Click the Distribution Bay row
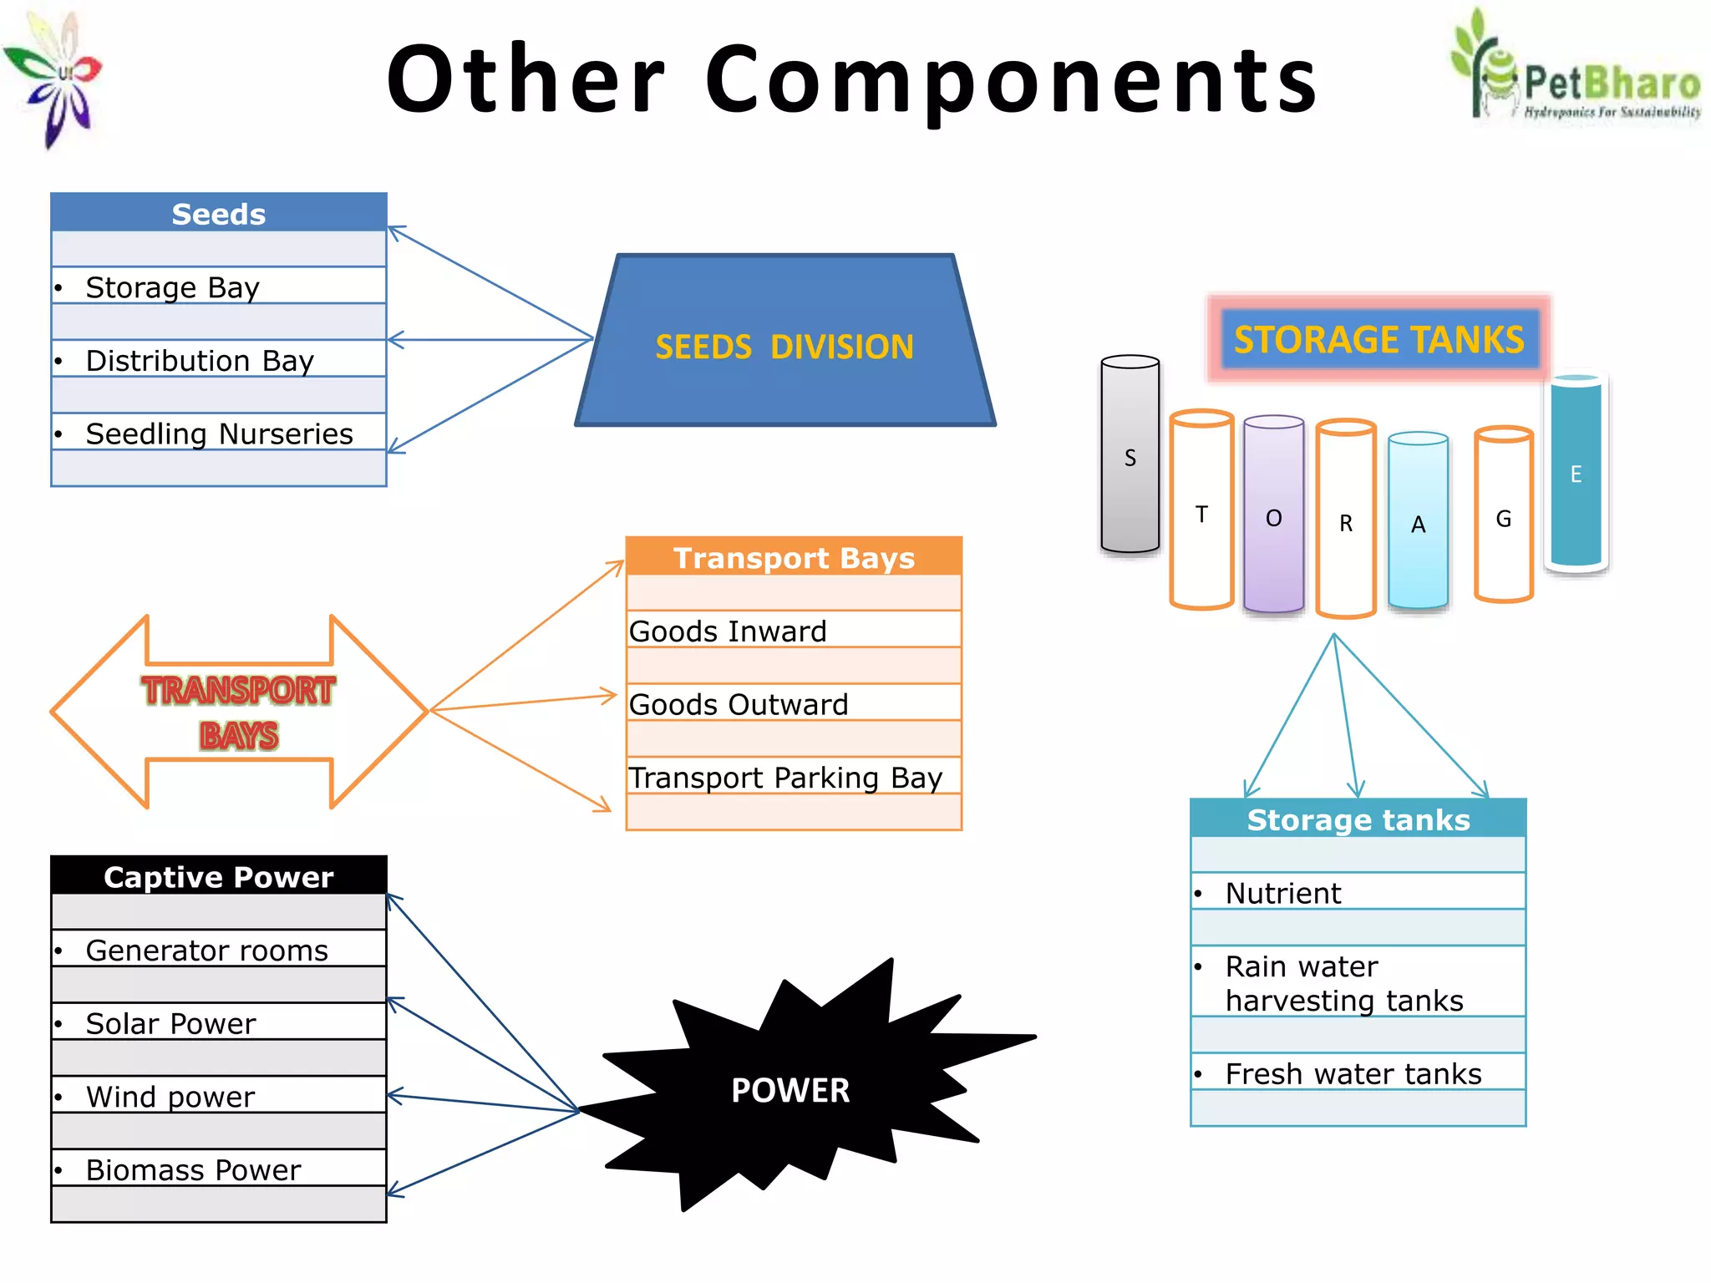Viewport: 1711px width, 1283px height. [218, 360]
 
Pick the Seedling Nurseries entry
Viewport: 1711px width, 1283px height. [218, 434]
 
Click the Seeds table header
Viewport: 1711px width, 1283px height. [218, 214]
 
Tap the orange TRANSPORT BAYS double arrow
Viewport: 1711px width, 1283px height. [239, 712]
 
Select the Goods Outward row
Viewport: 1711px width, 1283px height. [793, 704]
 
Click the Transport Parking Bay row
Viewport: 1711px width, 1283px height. [793, 777]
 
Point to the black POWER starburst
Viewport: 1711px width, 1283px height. [789, 1089]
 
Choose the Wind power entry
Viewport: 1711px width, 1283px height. [218, 1096]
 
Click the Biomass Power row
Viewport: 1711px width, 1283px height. [218, 1169]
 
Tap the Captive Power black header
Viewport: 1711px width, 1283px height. [218, 876]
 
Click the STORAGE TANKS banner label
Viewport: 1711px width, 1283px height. [1378, 339]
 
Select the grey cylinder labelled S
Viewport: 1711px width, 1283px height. [1130, 457]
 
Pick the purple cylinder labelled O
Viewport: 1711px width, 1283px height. [1273, 516]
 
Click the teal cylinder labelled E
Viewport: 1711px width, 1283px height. [1576, 474]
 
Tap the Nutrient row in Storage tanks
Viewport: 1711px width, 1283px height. [1358, 892]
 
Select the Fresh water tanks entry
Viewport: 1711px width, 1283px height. [1358, 1073]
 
